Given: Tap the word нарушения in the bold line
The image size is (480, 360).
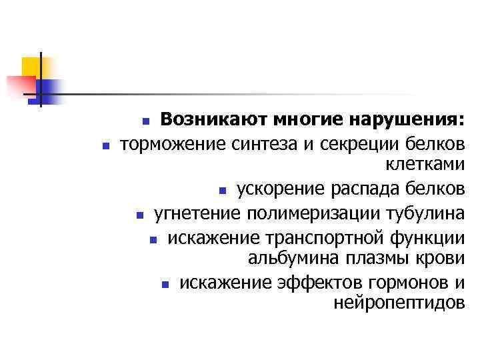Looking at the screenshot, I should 409,120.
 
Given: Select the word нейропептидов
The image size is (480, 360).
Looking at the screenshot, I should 398,305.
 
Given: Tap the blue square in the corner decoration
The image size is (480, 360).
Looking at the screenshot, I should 48,89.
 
